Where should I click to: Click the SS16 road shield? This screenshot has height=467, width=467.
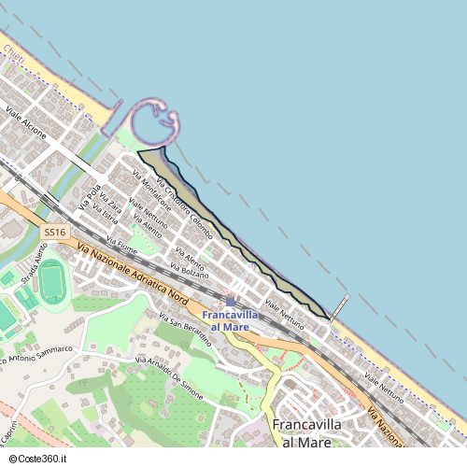point(55,231)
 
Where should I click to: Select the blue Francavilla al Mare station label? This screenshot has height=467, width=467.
point(230,320)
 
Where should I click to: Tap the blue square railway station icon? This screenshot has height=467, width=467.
point(231,302)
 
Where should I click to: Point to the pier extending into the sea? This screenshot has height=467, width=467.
point(340,307)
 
